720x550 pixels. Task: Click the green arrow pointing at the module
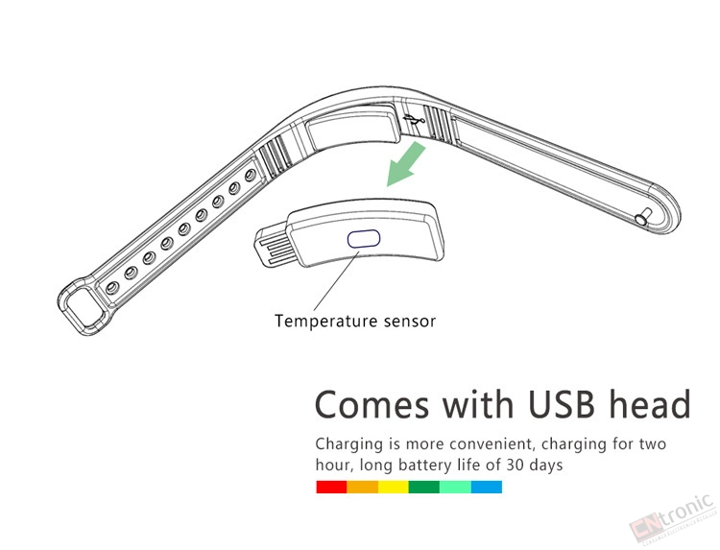(x=406, y=164)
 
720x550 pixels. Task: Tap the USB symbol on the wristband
(x=414, y=120)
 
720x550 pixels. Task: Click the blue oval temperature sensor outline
(x=364, y=239)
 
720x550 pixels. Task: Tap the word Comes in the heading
(x=372, y=404)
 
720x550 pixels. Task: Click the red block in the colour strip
(x=331, y=487)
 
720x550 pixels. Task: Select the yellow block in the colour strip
(x=394, y=487)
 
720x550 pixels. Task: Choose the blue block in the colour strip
(x=487, y=487)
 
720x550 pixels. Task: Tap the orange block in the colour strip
(x=363, y=487)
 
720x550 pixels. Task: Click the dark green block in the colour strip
(x=424, y=487)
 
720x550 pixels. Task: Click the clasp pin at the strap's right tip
(x=643, y=217)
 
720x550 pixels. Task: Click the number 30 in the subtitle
(x=515, y=466)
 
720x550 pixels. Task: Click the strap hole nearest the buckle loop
(x=111, y=288)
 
